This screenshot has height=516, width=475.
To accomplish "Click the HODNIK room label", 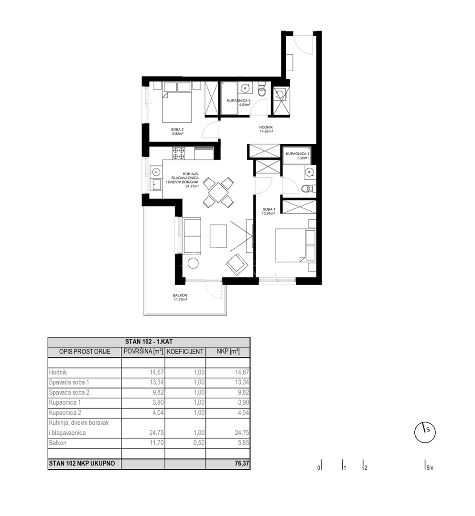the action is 266,127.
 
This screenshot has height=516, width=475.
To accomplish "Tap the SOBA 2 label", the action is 177,129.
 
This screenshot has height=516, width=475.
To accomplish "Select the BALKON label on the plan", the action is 180,295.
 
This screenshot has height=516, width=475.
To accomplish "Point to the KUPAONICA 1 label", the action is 297,154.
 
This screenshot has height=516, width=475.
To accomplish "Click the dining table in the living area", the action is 218,193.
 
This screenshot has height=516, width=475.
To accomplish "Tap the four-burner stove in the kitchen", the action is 178,153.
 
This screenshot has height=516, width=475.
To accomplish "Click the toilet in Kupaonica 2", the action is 262,90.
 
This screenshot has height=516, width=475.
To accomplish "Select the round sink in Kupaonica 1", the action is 309,172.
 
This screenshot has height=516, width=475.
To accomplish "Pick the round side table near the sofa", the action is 193,263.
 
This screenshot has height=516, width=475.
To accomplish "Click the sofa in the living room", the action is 192,236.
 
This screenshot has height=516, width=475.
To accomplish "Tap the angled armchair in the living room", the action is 237,264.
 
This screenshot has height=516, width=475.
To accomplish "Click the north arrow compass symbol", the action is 425,432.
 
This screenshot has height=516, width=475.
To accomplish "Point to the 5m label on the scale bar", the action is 430,468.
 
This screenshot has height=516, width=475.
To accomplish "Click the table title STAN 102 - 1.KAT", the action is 149,342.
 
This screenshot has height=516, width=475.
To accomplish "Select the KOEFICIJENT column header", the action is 185,352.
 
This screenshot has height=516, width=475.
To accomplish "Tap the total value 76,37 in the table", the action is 242,463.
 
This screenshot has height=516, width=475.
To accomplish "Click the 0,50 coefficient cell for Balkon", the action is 199,443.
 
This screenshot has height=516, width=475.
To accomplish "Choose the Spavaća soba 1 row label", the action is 69,382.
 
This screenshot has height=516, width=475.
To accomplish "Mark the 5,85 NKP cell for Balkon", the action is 243,443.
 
